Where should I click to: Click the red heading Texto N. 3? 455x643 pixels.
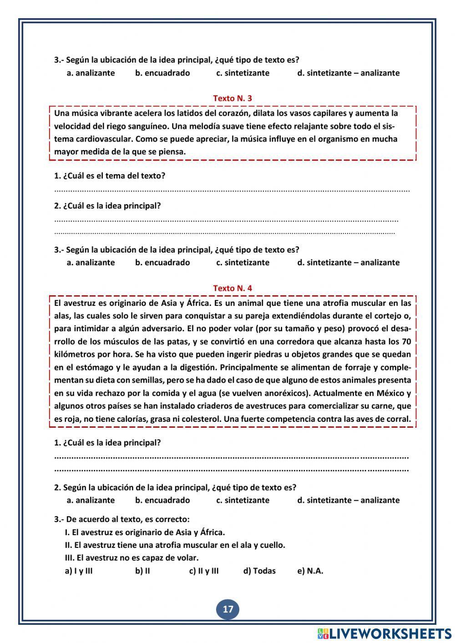pyautogui.click(x=233, y=98)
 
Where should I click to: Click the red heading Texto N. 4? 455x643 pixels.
pyautogui.click(x=233, y=288)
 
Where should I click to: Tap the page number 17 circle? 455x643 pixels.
pyautogui.click(x=228, y=609)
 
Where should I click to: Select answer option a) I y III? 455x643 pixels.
pyautogui.click(x=79, y=571)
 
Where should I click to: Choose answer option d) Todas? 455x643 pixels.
pyautogui.click(x=259, y=571)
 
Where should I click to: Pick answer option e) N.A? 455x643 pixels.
pyautogui.click(x=310, y=571)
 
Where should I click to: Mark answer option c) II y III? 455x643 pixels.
pyautogui.click(x=204, y=571)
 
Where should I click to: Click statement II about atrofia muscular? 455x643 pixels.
pyautogui.click(x=175, y=545)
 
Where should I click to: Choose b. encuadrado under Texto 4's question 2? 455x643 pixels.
pyautogui.click(x=162, y=500)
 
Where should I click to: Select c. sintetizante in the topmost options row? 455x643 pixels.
pyautogui.click(x=243, y=73)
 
